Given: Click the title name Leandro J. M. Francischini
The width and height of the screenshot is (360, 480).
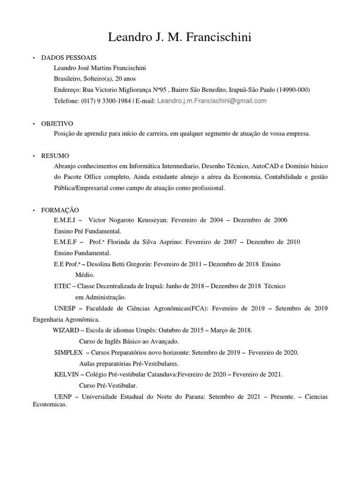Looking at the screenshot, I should tap(180, 37).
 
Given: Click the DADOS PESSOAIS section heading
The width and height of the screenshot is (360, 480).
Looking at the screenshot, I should tap(68, 57).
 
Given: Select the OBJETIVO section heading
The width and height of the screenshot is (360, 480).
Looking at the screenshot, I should tap(57, 124).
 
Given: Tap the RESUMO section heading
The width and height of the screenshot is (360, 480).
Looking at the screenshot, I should tap(55, 156).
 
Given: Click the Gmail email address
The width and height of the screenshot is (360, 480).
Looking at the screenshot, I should tap(212, 101).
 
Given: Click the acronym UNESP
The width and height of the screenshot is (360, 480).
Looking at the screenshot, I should tap(64, 308).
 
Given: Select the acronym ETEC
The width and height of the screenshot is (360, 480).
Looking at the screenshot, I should tap(62, 286).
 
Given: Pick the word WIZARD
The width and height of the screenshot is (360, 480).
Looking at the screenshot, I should tap(66, 330).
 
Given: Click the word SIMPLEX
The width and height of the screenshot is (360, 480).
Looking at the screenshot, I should tap(68, 352).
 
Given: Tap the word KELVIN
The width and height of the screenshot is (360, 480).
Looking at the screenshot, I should tap(67, 375).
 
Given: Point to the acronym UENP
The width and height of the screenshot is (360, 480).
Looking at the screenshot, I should tap(62, 397).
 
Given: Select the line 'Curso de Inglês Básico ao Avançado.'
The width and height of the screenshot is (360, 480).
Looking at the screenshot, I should tap(129, 342).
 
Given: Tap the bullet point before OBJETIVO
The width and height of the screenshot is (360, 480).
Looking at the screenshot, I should tap(34, 124).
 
